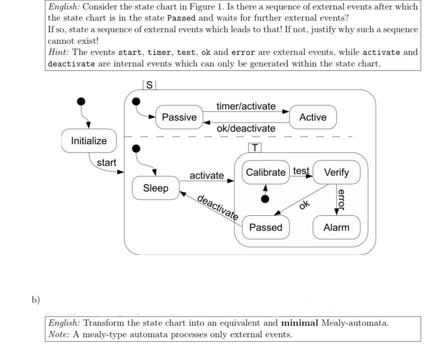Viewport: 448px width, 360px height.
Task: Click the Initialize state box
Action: click(x=89, y=141)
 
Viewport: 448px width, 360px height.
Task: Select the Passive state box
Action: click(x=179, y=117)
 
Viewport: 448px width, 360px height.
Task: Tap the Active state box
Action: click(x=313, y=117)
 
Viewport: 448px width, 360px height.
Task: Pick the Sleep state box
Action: click(x=156, y=188)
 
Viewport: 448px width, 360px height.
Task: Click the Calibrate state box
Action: click(x=266, y=172)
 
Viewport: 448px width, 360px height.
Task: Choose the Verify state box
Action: click(x=336, y=172)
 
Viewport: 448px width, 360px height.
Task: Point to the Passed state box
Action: click(x=266, y=227)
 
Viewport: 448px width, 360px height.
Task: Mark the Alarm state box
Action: click(x=336, y=227)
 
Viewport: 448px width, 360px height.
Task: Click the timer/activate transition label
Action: click(x=246, y=106)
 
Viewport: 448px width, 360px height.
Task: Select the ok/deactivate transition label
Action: click(x=246, y=129)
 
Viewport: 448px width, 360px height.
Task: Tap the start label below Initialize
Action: click(x=107, y=162)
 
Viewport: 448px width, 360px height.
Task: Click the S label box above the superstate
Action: click(x=149, y=85)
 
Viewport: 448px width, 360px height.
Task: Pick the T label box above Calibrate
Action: click(x=255, y=148)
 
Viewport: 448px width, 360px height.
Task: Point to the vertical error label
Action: click(x=341, y=199)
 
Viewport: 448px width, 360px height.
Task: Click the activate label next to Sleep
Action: click(x=207, y=176)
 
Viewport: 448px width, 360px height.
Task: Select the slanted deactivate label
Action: click(x=218, y=207)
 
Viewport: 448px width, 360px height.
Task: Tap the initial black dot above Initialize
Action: click(x=81, y=101)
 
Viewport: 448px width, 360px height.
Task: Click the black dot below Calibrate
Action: click(x=265, y=198)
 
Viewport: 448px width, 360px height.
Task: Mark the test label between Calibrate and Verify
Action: click(x=301, y=171)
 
